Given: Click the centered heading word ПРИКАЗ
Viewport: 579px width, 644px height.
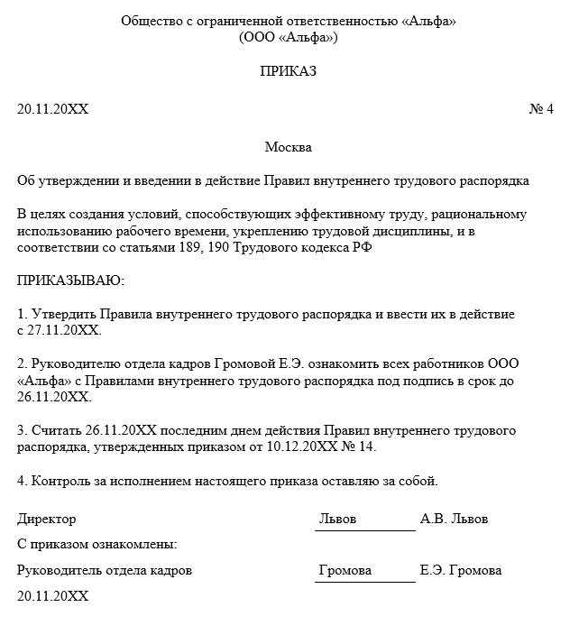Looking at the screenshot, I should [289, 71].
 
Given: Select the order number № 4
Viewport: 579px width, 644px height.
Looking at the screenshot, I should [540, 109].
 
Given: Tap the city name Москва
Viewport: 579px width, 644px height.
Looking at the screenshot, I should [289, 146].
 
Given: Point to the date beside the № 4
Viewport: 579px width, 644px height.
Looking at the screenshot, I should [53, 109].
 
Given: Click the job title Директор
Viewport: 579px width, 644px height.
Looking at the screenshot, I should [47, 520].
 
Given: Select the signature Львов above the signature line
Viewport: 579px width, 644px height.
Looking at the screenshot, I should [338, 520].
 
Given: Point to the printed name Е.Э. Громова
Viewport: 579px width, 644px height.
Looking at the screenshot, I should [461, 571].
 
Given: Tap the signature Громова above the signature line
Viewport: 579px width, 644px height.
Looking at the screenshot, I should [345, 571].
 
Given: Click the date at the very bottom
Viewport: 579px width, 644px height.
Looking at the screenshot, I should [53, 596].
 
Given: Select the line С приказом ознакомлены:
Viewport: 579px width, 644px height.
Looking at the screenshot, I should [97, 545].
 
